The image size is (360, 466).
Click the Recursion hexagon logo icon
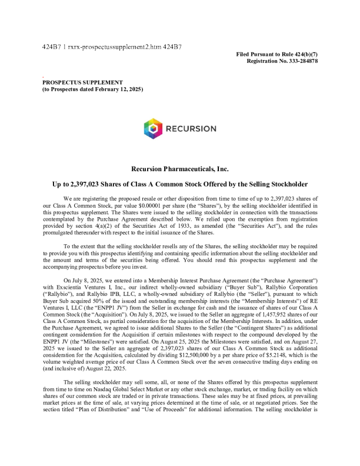(153, 128)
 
